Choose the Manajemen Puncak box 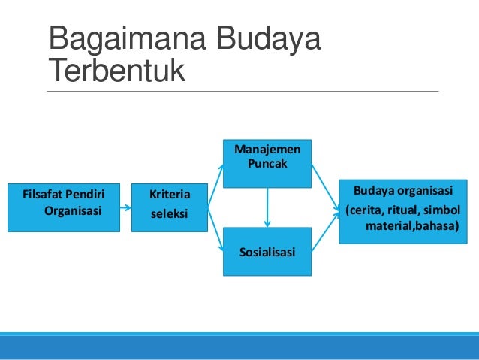267,162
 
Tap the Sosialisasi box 267,251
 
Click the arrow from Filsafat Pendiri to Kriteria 125,206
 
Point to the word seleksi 169,214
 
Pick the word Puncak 267,163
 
